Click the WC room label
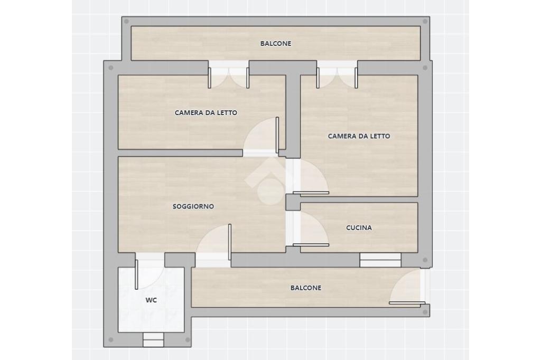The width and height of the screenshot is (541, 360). click(151, 300)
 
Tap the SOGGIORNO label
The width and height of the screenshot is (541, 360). click(193, 206)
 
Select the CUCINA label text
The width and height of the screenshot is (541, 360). click(359, 228)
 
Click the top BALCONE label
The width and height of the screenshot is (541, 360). click(276, 44)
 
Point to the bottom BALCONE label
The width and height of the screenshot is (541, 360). click(306, 288)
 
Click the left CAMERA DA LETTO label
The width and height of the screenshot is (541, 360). click(206, 113)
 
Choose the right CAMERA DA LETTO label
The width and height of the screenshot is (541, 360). click(359, 136)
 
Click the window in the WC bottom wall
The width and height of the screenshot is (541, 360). click(153, 339)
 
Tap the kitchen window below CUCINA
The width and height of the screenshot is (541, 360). click(380, 260)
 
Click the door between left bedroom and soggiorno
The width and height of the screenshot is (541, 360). click(261, 137)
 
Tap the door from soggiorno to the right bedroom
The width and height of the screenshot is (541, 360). click(309, 176)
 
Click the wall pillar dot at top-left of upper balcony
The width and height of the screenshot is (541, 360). click(126, 22)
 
